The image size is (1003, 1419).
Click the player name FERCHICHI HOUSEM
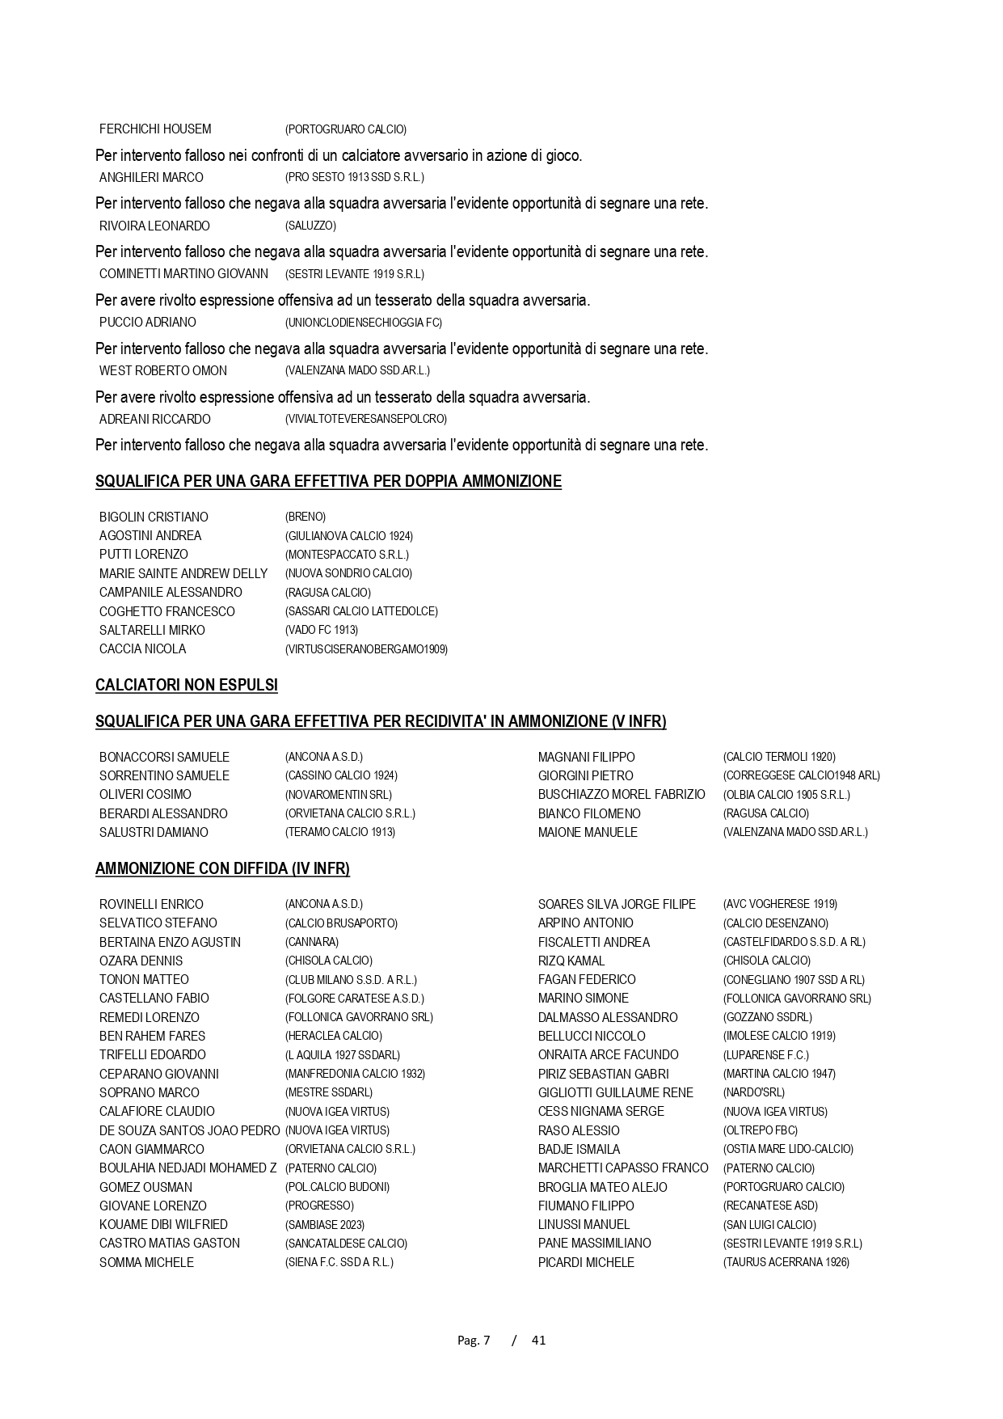tap(155, 129)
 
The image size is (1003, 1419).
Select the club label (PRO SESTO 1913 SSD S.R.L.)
tap(354, 177)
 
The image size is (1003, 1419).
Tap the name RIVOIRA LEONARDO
tap(154, 226)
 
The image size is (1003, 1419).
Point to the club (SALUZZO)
tap(310, 226)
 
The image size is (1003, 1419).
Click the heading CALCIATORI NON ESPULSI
tap(187, 686)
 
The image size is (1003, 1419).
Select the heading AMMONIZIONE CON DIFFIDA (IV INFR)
tap(222, 869)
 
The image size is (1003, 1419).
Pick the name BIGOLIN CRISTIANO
tap(154, 517)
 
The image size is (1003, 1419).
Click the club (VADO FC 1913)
tap(322, 630)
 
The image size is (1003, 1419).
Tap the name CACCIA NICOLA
tap(142, 648)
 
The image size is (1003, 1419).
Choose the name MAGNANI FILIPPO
tap(587, 757)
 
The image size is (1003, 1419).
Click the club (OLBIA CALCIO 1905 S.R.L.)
tap(786, 795)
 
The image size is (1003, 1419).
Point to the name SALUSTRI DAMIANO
tap(154, 832)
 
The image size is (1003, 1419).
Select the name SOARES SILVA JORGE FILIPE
tap(617, 904)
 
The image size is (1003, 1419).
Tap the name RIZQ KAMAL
tap(571, 961)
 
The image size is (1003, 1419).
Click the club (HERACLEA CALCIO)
tap(334, 1036)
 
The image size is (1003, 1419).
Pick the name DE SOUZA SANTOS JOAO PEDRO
tap(189, 1130)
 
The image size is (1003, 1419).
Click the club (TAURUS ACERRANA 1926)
tap(786, 1262)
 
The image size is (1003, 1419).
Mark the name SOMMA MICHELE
tap(146, 1262)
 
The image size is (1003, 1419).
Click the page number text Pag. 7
tap(474, 1340)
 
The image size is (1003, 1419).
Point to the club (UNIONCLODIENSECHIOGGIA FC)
tap(364, 323)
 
